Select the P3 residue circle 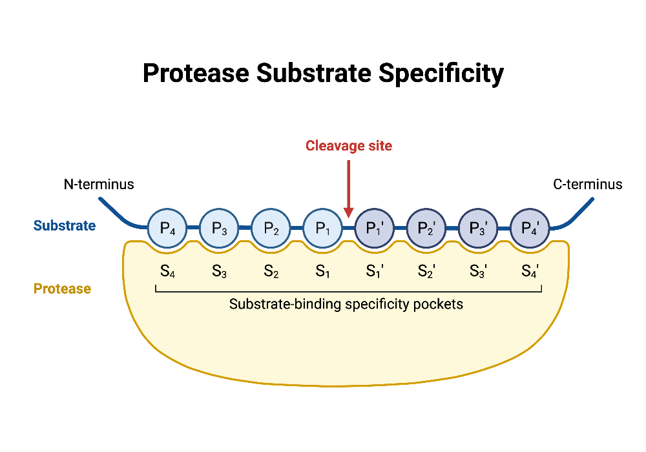220,228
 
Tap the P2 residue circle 271,228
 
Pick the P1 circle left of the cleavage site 323,228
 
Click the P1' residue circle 375,228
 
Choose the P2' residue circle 426,228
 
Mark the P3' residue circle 478,228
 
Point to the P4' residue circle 530,228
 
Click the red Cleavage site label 349,146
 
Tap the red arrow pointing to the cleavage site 349,187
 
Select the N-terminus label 99,185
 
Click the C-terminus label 588,185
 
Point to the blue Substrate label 65,226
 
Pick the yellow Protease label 62,289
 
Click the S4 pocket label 168,272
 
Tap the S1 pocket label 323,272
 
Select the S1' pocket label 375,272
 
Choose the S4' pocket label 530,272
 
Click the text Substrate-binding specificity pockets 346,303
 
